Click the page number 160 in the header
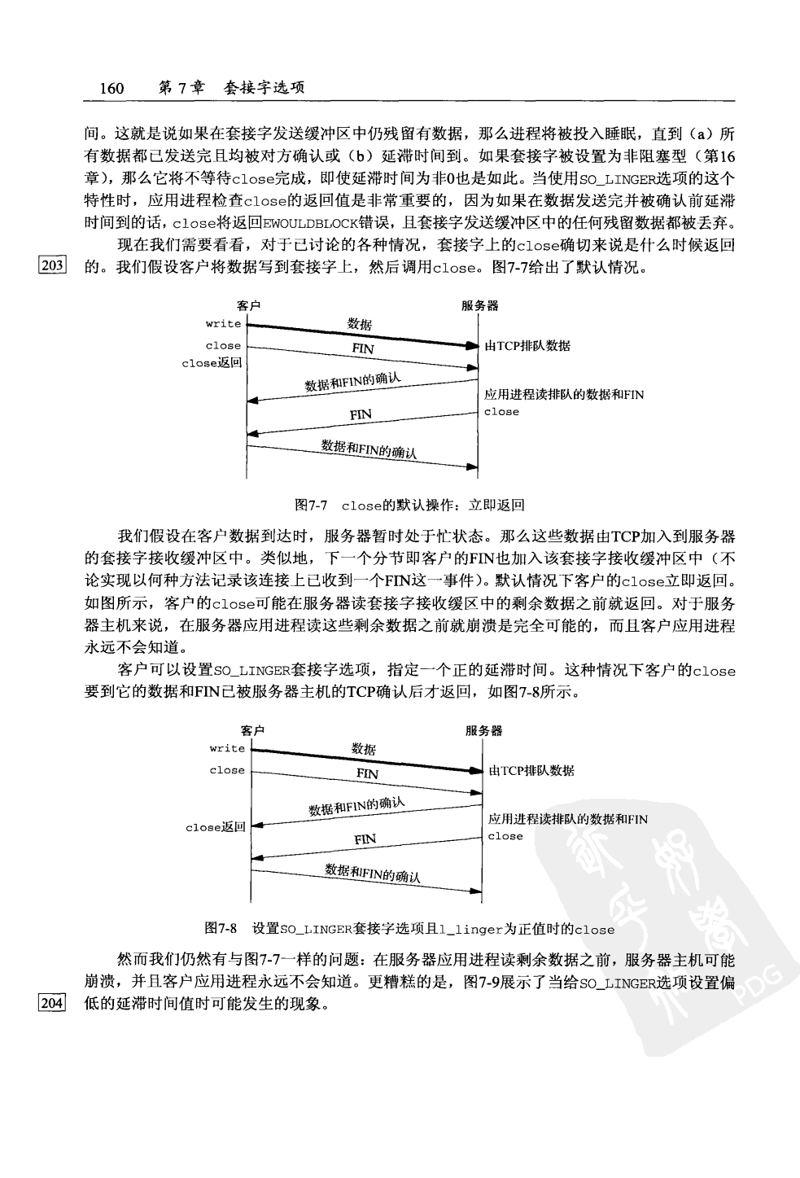[111, 88]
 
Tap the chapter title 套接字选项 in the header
[264, 88]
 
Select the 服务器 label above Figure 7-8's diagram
[483, 730]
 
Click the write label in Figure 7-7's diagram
[223, 324]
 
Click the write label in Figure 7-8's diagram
[227, 749]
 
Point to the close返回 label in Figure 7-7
[212, 363]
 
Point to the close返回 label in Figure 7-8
[216, 827]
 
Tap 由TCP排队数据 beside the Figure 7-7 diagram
[527, 346]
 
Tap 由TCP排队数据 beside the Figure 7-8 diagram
[531, 771]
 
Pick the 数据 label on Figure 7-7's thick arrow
[360, 325]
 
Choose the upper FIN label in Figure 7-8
[367, 773]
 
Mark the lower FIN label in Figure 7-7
[361, 414]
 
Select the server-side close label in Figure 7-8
[505, 836]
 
